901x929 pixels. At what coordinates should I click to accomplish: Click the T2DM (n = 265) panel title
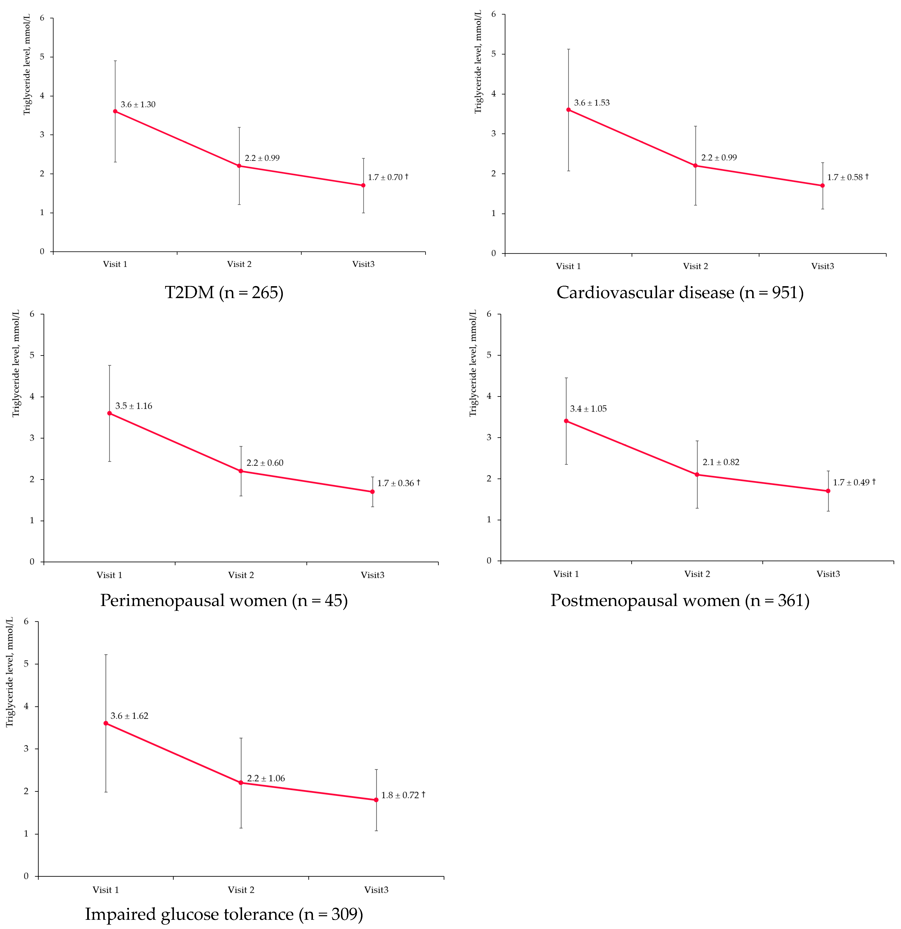coord(224,292)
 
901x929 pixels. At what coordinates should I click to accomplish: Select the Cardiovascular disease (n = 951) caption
coord(680,292)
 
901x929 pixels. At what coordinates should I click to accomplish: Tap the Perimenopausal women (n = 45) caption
coord(224,601)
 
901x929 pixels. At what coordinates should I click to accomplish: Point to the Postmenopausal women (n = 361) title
coord(680,601)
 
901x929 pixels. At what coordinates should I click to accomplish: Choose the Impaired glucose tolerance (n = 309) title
coord(224,914)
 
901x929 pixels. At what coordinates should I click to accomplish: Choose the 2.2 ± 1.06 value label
coord(266,778)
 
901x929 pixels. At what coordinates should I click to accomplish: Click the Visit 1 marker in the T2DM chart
coord(115,111)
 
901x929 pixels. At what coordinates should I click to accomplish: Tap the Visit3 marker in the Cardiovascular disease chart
coord(822,186)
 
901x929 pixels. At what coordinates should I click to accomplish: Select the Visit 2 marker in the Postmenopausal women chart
coord(697,474)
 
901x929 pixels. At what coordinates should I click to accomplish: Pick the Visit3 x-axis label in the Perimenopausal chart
coord(372,575)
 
